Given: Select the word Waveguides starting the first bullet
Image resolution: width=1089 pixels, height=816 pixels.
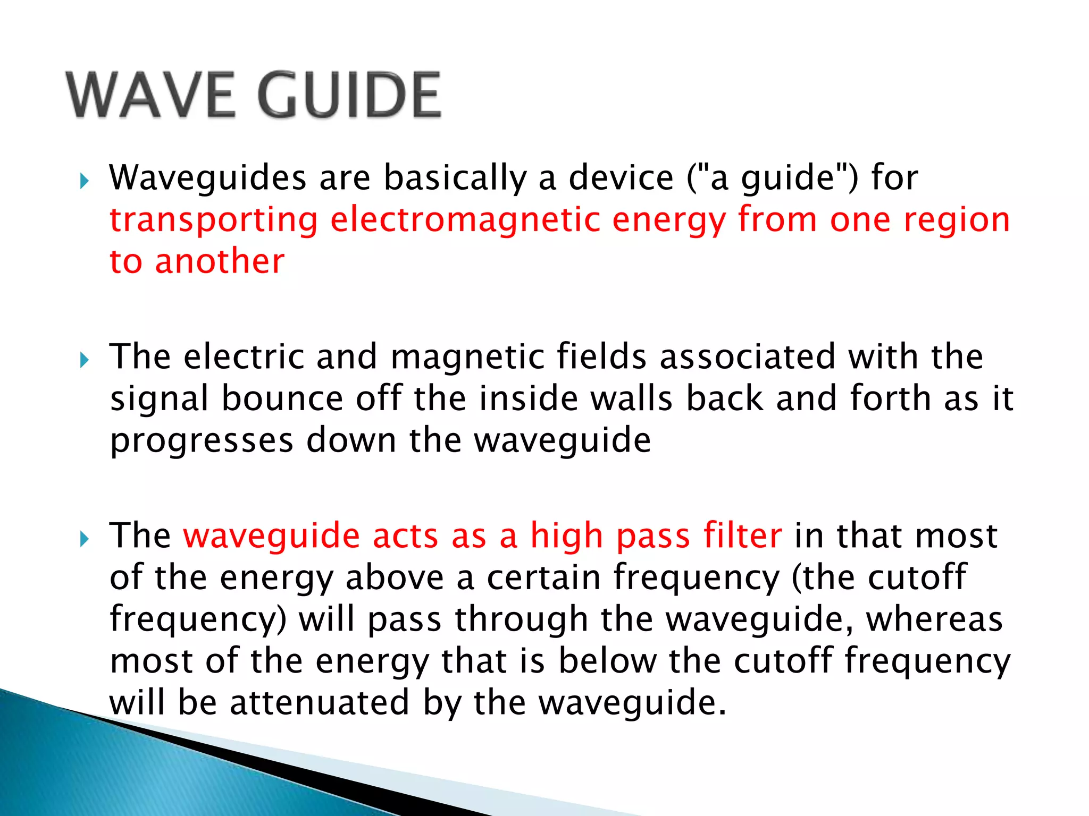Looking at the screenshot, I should (x=208, y=178).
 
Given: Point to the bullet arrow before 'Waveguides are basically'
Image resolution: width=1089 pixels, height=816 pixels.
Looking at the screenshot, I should (x=84, y=182).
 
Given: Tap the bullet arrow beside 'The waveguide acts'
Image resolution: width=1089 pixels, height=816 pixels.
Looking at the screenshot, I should (x=84, y=540).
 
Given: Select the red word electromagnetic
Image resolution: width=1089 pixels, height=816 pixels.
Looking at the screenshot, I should (x=465, y=220).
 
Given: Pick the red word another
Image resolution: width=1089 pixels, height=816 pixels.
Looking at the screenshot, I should (x=220, y=261).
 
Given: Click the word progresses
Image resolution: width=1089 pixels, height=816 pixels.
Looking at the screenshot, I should (x=202, y=441).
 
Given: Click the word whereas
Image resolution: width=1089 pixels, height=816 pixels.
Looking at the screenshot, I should (x=934, y=619).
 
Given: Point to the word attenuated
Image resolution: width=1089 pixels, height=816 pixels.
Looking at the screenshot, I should (x=319, y=702).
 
